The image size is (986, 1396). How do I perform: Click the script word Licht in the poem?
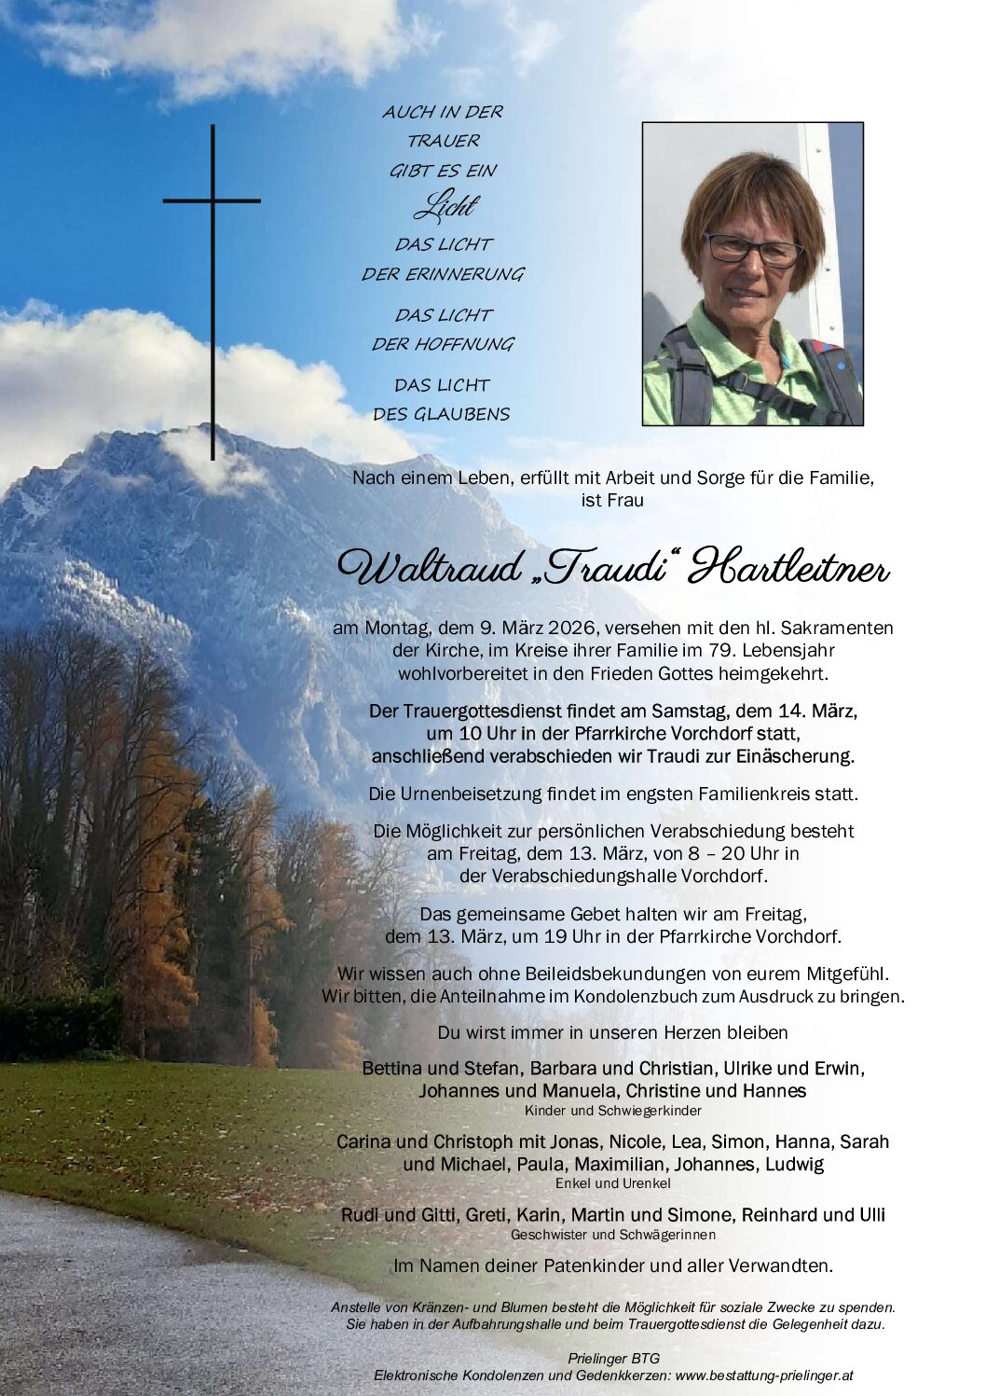click(x=443, y=206)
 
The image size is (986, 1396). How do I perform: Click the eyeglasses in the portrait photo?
click(x=752, y=248)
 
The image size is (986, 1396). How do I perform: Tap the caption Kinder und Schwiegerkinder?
click(x=612, y=1111)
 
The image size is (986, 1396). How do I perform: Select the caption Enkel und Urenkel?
click(x=612, y=1183)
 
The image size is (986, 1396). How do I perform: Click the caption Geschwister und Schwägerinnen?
click(x=612, y=1234)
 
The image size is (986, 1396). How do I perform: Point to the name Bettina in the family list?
click(x=392, y=1067)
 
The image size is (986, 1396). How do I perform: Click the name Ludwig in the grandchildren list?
click(x=796, y=1164)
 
